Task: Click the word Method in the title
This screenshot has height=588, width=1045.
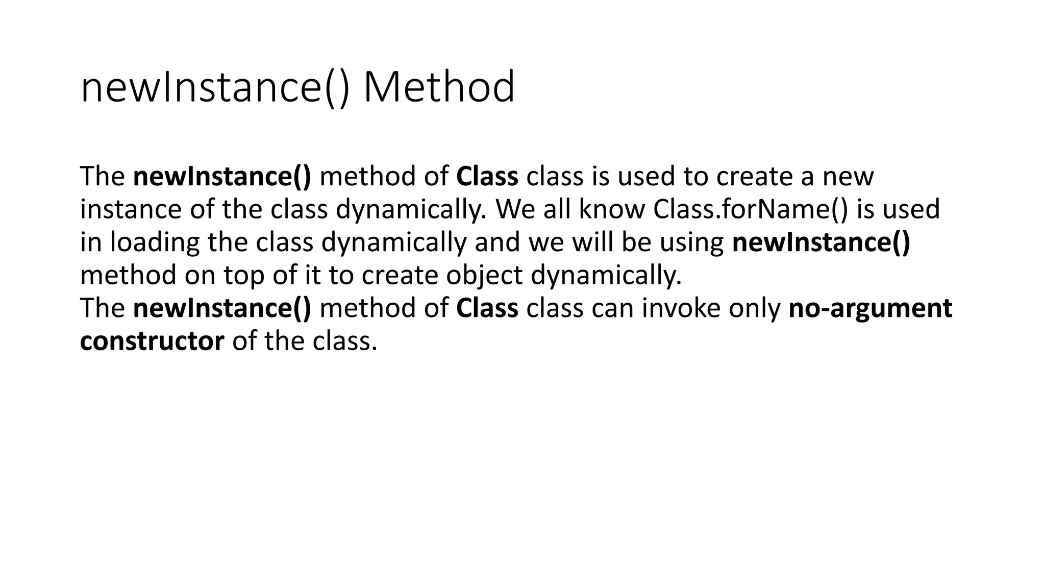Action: tap(439, 87)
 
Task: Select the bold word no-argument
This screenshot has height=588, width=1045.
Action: tap(870, 308)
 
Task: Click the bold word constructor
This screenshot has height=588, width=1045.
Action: tap(152, 341)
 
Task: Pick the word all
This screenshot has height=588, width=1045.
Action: tap(556, 209)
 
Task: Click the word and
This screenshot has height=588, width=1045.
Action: tap(497, 242)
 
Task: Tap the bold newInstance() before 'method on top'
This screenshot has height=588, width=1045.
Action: tap(821, 242)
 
